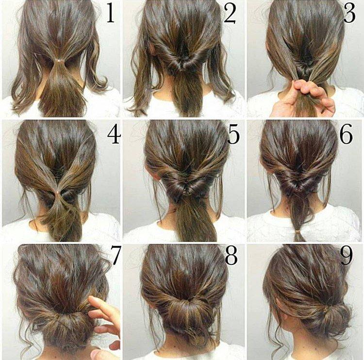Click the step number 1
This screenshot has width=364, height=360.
pyautogui.click(x=111, y=14)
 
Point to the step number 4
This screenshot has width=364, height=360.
pyautogui.click(x=113, y=135)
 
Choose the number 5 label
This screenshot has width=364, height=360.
pyautogui.click(x=233, y=135)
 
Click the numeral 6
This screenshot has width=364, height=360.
pyautogui.click(x=346, y=135)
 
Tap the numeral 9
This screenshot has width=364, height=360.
pyautogui.click(x=346, y=256)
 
